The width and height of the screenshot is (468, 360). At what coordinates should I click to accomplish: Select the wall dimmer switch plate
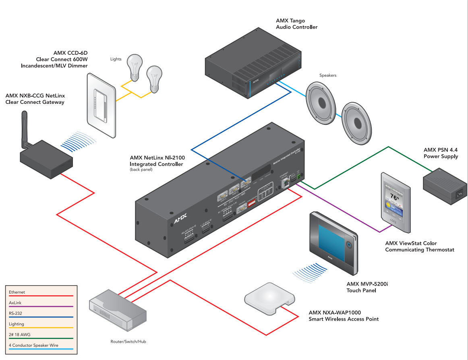101,105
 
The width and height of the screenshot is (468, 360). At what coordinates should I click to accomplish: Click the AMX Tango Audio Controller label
296,24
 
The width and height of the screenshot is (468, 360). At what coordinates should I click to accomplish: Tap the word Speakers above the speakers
328,75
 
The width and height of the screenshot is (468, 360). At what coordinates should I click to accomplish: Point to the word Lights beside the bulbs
116,59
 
